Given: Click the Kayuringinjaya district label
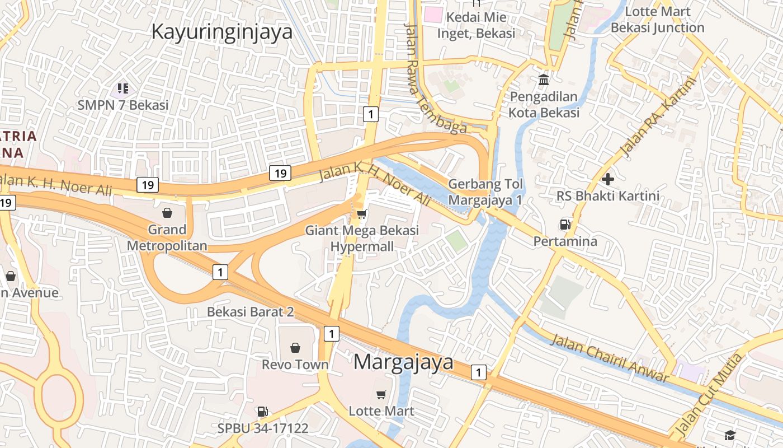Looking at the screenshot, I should [222, 31].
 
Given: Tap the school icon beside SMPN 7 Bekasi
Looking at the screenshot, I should [123, 88].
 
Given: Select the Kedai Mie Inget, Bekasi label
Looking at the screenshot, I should [476, 25].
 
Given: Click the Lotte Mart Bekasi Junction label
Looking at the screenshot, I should [657, 20].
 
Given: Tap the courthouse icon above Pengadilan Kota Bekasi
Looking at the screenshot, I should [544, 80].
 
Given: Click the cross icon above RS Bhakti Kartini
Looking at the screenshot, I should [608, 179].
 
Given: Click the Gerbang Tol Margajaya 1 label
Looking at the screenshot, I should [485, 192].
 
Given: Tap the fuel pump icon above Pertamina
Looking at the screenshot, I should [565, 225].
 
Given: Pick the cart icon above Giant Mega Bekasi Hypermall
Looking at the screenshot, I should [362, 214].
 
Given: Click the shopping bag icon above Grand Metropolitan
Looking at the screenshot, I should [167, 213].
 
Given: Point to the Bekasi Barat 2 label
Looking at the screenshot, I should [250, 311].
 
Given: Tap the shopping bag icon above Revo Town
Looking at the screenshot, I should [295, 348].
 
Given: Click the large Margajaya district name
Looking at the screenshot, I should [403, 362].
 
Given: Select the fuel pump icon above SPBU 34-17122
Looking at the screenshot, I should [262, 412].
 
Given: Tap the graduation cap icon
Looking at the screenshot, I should [730, 435].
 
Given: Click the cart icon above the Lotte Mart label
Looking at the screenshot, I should [381, 394].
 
